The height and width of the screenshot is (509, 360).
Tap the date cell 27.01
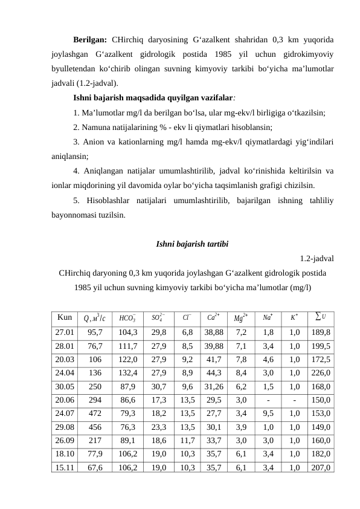pos(65,332)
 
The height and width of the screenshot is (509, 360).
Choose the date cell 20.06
pos(65,400)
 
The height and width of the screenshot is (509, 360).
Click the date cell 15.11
pos(65,467)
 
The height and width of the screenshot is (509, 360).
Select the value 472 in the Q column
pos(95,413)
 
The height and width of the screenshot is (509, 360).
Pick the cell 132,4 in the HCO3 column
pos(128,372)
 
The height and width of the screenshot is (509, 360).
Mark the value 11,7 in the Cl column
pos(187,440)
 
